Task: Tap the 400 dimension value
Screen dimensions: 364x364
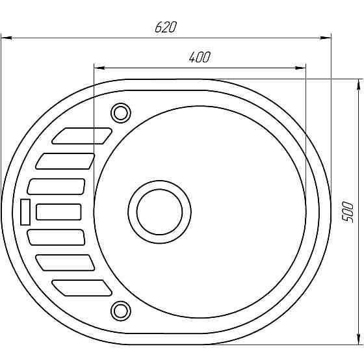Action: coord(200,57)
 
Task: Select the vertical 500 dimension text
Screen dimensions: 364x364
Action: coord(348,212)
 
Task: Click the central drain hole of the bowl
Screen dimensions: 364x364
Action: coord(159,211)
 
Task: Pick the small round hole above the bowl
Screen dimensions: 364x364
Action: coord(121,112)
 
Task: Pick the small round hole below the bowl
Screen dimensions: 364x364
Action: coord(121,309)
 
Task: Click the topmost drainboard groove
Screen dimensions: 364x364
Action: coord(82,135)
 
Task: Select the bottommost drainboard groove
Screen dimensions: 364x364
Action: coord(82,287)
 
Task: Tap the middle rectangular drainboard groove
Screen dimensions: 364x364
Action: coord(58,211)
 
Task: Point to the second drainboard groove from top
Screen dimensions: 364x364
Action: coord(66,161)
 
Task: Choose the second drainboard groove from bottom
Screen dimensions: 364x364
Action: coord(66,262)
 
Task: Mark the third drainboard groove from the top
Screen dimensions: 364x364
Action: coord(57,186)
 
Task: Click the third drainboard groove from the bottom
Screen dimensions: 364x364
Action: coord(57,237)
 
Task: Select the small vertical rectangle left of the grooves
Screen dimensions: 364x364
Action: coord(26,211)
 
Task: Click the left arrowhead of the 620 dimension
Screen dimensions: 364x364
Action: coord(5,38)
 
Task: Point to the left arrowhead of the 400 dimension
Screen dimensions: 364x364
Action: coord(99,67)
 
